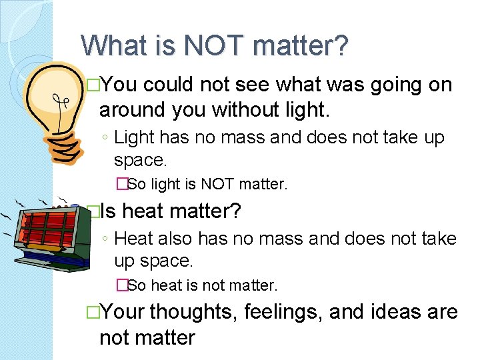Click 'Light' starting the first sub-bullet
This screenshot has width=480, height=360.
pyautogui.click(x=134, y=138)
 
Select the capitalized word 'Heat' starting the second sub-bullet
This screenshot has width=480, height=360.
pyautogui.click(x=134, y=239)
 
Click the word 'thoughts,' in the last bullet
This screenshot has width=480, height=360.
pyautogui.click(x=193, y=312)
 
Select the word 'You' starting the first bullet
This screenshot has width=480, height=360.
pyautogui.click(x=121, y=85)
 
